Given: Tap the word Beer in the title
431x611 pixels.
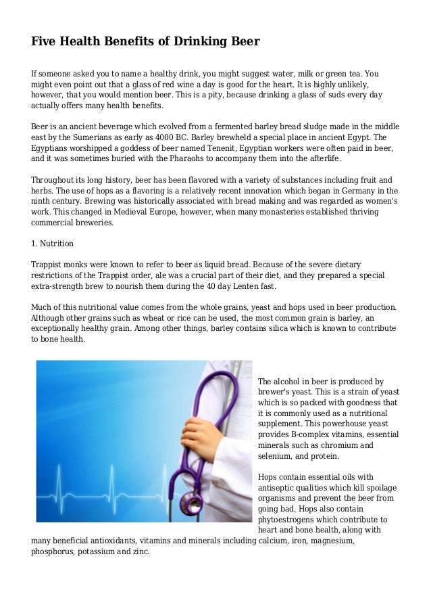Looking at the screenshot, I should click(244, 41).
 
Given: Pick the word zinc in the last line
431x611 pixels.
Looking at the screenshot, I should click(141, 551).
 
